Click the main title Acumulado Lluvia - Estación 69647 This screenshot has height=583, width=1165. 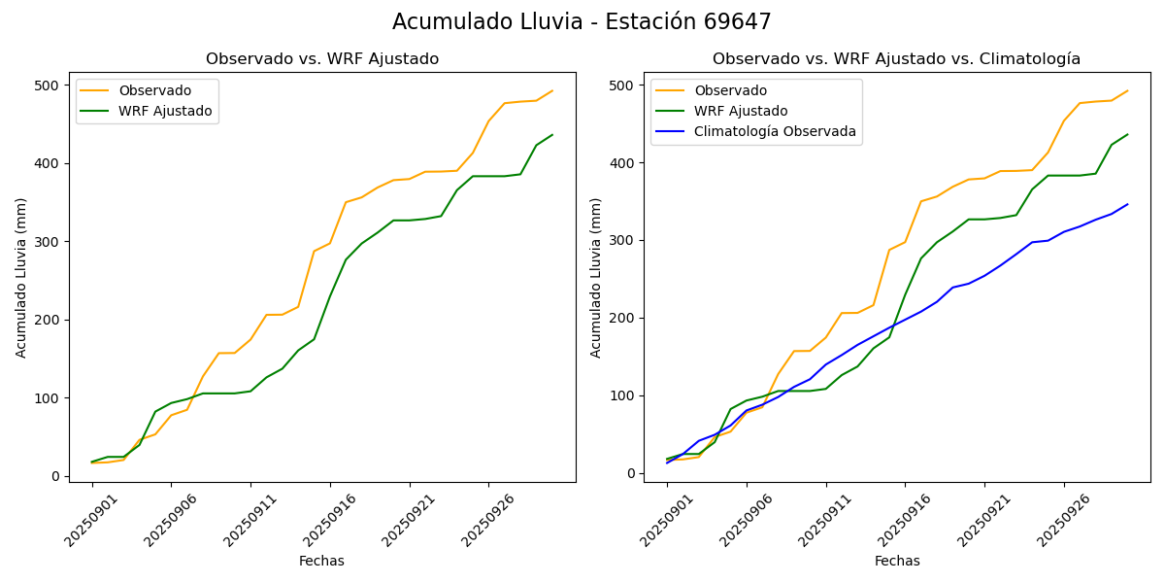click(582, 21)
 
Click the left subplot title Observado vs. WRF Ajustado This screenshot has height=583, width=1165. click(322, 59)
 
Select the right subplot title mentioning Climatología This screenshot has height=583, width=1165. click(896, 59)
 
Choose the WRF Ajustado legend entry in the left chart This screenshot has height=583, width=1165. click(165, 111)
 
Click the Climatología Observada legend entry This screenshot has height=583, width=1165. click(775, 131)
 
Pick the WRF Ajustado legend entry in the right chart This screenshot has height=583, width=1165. click(741, 111)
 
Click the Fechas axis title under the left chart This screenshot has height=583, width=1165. click(321, 561)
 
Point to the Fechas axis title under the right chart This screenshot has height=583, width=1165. click(897, 561)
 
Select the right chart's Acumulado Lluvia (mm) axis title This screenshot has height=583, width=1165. click(596, 278)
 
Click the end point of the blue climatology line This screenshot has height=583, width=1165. click(1127, 204)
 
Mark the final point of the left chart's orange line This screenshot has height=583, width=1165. click(552, 91)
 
